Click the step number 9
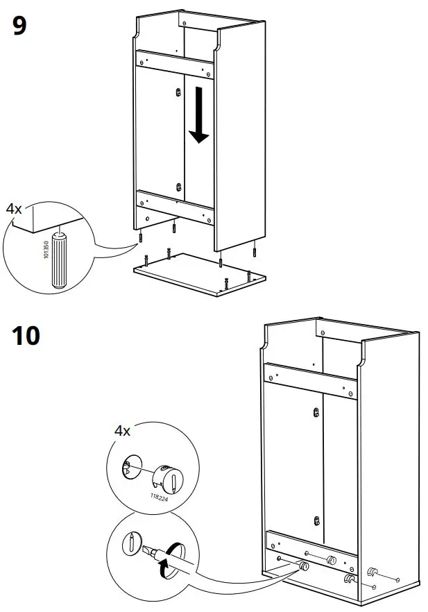(19, 26)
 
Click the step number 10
(26, 336)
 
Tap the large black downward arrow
(199, 114)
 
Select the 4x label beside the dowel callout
(15, 208)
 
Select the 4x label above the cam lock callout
(122, 431)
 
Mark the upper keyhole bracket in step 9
(180, 92)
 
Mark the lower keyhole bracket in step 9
(180, 187)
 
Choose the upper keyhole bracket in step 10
(316, 413)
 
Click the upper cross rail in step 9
(175, 65)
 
